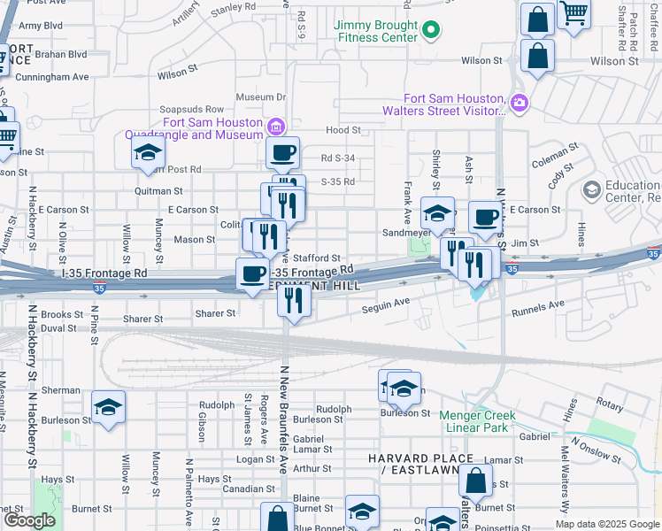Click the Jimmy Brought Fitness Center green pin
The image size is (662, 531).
pyautogui.click(x=431, y=31)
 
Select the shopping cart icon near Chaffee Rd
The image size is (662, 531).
pyautogui.click(x=573, y=14)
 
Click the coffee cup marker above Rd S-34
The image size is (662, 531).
pyautogui.click(x=283, y=153)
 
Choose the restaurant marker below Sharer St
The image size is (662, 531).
pyautogui.click(x=294, y=300)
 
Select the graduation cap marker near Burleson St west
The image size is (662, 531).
pyautogui.click(x=109, y=407)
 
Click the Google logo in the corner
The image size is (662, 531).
pyautogui.click(x=29, y=520)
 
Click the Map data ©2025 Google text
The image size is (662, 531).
pyautogui.click(x=607, y=524)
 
